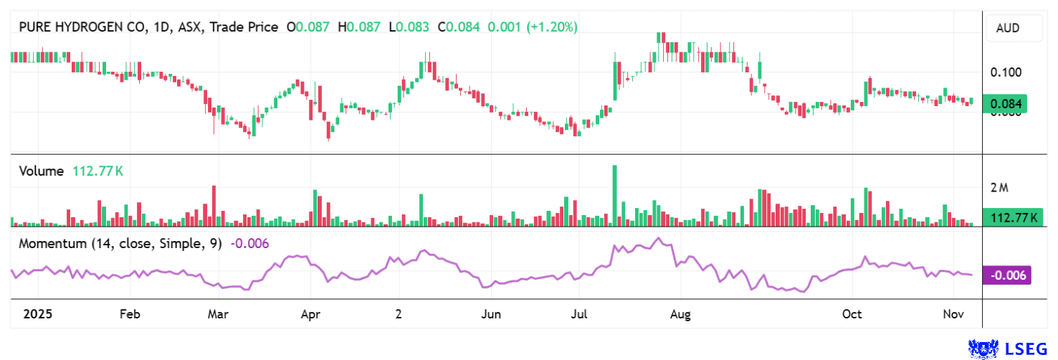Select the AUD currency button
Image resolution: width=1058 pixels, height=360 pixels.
click(x=1008, y=29)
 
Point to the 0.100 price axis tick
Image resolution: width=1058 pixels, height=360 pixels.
click(x=1006, y=72)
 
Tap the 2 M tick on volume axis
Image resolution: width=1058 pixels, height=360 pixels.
click(x=999, y=188)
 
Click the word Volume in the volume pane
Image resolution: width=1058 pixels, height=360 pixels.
click(x=40, y=171)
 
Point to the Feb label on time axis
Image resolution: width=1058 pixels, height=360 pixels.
click(x=129, y=315)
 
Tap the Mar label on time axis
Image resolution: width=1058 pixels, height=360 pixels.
click(x=217, y=315)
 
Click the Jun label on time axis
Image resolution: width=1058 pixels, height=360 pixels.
click(x=491, y=315)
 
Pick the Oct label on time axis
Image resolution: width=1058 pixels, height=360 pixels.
click(x=852, y=315)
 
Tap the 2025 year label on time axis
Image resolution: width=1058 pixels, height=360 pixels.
click(x=37, y=315)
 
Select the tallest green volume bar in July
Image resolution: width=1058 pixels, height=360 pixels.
click(x=614, y=196)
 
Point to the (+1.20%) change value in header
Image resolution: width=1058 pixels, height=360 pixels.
click(x=552, y=27)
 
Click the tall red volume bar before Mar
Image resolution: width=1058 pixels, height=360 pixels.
click(x=214, y=206)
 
